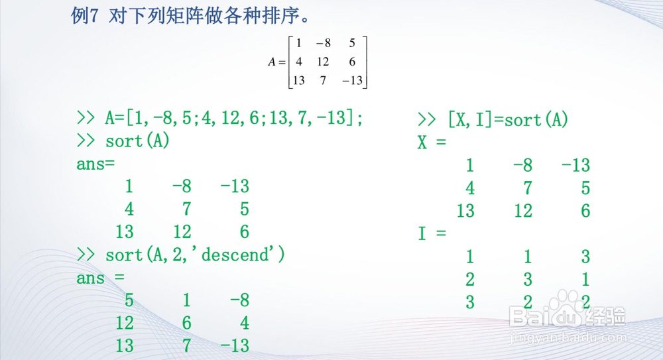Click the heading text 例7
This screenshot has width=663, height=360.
click(85, 16)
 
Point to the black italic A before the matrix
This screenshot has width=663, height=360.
click(271, 62)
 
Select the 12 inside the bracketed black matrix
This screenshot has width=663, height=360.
click(323, 62)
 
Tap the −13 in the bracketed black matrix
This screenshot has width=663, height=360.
click(352, 80)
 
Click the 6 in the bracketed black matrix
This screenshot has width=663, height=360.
click(352, 62)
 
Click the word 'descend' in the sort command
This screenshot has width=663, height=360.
click(235, 255)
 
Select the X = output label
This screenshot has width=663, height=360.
click(432, 142)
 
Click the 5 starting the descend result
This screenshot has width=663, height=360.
click(129, 300)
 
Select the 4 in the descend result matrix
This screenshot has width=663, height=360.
click(245, 323)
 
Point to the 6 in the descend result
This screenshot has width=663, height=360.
click(186, 323)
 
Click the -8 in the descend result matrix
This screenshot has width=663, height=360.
click(240, 300)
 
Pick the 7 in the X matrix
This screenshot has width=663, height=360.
click(527, 188)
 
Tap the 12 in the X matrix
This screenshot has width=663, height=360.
click(523, 211)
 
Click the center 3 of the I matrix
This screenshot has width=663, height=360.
click(527, 279)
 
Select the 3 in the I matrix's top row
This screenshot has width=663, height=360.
click(585, 257)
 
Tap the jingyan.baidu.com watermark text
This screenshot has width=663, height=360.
click(568, 338)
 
